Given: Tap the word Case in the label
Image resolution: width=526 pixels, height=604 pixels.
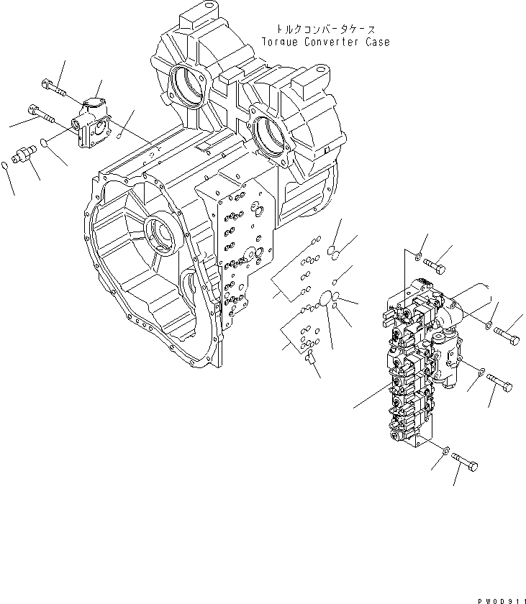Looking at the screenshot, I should tap(376, 42).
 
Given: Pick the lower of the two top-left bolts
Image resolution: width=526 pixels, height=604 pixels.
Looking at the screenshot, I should tap(41, 113).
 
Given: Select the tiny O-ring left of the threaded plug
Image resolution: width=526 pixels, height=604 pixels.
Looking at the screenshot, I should tap(6, 167).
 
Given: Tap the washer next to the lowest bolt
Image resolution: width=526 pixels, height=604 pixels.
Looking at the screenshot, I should tap(446, 451).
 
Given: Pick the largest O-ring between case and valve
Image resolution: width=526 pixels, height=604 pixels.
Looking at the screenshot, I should tap(327, 298).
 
